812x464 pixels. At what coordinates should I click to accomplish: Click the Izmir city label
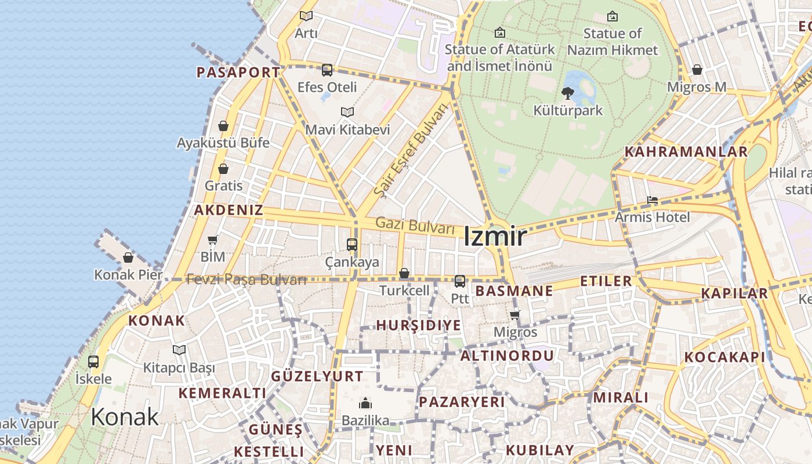(x=495, y=237)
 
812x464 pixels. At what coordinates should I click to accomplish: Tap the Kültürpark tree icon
(x=568, y=93)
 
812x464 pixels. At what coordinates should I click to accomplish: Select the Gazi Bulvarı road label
(x=415, y=225)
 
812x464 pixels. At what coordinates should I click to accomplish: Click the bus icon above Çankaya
(x=352, y=244)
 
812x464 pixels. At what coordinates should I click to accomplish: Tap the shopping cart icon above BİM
(x=212, y=240)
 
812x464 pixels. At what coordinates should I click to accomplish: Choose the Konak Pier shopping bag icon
(x=128, y=258)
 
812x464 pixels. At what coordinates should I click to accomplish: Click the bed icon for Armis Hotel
(x=652, y=201)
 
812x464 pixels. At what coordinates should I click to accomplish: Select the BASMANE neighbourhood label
(x=514, y=291)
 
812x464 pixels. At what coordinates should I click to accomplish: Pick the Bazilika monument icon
(x=365, y=403)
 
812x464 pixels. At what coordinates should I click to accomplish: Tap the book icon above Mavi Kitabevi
(x=347, y=112)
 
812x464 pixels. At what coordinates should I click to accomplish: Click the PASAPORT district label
(x=238, y=72)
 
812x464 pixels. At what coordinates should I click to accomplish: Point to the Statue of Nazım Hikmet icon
(x=612, y=16)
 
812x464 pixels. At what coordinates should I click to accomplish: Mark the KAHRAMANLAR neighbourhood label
(x=686, y=152)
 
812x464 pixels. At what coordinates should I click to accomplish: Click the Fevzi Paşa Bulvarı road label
(x=246, y=280)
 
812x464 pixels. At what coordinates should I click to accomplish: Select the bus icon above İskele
(x=93, y=362)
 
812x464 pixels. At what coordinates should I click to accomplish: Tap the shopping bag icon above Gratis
(x=223, y=169)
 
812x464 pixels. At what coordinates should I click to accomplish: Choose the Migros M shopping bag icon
(x=697, y=70)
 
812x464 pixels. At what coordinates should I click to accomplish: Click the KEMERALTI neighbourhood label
(x=222, y=393)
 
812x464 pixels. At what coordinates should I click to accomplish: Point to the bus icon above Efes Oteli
(x=327, y=70)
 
